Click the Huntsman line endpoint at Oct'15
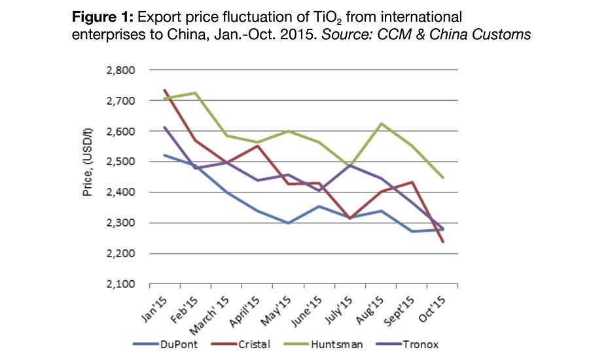tap(443, 177)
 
